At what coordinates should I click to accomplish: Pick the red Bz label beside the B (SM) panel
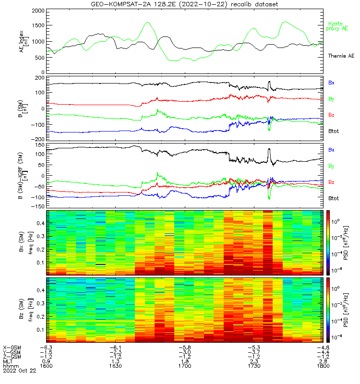[331, 115]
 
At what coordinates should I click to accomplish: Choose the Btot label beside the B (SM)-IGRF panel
[334, 198]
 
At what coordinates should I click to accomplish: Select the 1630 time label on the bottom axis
[115, 366]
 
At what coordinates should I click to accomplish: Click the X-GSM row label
[12, 347]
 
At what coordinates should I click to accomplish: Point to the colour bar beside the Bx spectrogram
[330, 242]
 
